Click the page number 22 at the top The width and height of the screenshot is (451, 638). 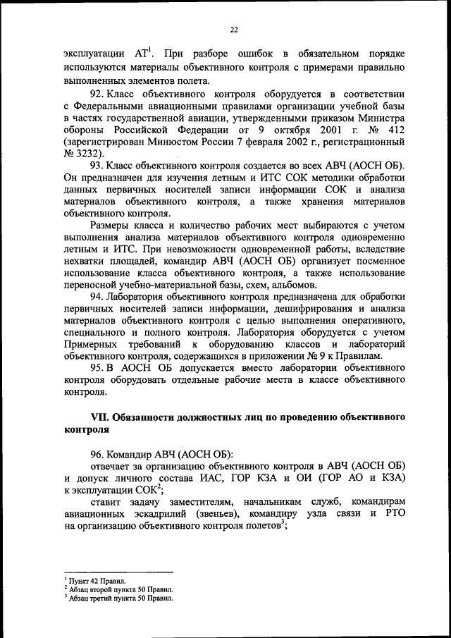[234, 29]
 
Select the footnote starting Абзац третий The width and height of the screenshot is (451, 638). [121, 597]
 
